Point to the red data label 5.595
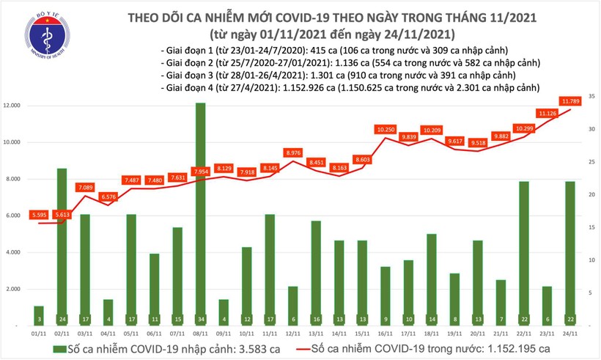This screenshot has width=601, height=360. click(39, 214)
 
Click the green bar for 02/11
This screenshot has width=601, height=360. click(62, 246)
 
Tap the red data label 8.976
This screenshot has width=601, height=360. click(294, 153)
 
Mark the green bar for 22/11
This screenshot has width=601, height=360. click(524, 253)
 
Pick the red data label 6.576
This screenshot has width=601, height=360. click(107, 196)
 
